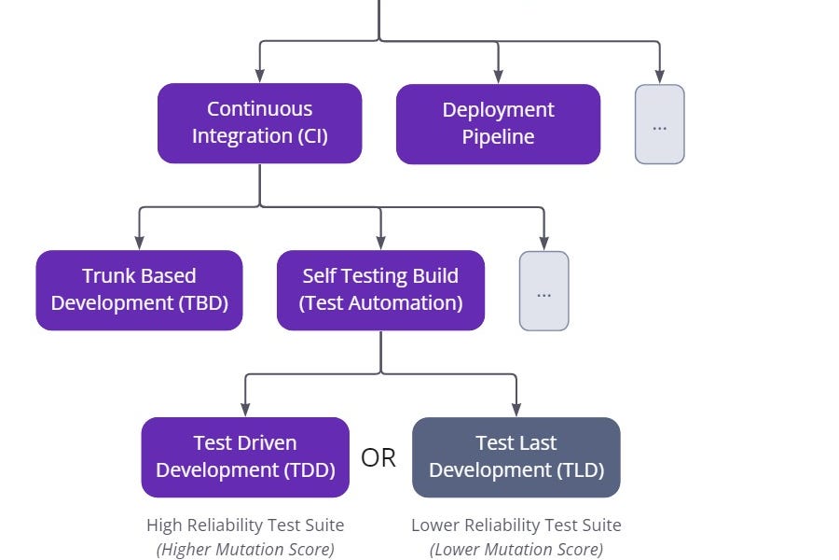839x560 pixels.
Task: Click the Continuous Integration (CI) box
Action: [x=259, y=123]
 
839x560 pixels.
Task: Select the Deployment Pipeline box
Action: [x=498, y=124]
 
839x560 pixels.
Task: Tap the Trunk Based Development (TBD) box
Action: [x=139, y=290]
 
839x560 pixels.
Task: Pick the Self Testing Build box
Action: [x=380, y=290]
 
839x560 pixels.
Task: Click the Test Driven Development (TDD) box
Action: [x=245, y=457]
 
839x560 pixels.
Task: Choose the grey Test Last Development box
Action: [x=516, y=457]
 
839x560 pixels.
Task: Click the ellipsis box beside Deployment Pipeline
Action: [x=659, y=125]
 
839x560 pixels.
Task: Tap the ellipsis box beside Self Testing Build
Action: [x=543, y=291]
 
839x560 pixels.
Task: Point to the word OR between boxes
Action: [x=378, y=458]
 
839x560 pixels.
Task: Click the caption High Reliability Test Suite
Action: [x=245, y=525]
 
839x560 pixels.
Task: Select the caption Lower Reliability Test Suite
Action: [x=516, y=525]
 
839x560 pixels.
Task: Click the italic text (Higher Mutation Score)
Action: [x=245, y=550]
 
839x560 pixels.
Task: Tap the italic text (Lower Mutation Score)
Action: [x=516, y=550]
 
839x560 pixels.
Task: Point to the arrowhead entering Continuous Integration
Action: [x=259, y=77]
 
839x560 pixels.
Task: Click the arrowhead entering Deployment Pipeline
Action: [x=498, y=77]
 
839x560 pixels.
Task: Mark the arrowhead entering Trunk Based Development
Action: [x=139, y=243]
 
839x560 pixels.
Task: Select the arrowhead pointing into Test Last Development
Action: [x=516, y=410]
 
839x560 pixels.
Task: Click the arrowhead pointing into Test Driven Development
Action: [x=245, y=410]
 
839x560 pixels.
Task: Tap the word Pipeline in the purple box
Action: [x=498, y=137]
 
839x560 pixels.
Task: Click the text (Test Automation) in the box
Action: [x=380, y=303]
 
